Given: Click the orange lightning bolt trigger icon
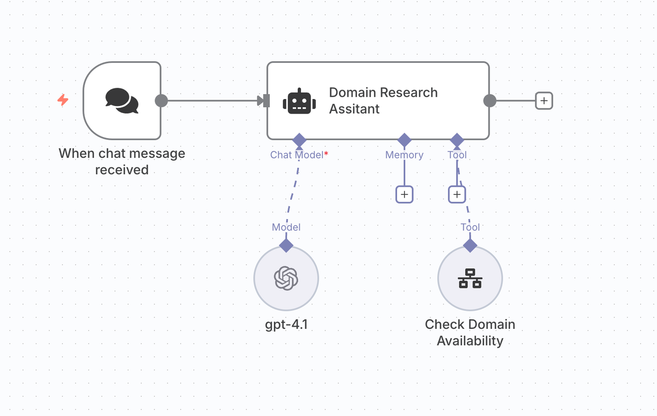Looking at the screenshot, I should pyautogui.click(x=63, y=100).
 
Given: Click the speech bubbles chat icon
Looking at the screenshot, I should pyautogui.click(x=122, y=101).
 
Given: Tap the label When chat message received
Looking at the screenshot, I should pyautogui.click(x=122, y=161).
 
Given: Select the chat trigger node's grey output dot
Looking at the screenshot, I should pyautogui.click(x=161, y=101).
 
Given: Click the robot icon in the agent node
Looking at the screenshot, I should pyautogui.click(x=299, y=101).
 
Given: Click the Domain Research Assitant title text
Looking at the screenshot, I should pyautogui.click(x=383, y=101).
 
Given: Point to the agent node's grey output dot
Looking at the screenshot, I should pyautogui.click(x=490, y=101).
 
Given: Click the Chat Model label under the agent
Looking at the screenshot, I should pyautogui.click(x=297, y=155).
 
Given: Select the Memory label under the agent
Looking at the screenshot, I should pyautogui.click(x=404, y=155).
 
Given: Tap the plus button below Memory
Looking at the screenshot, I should pyautogui.click(x=404, y=194).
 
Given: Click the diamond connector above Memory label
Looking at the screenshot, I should pyautogui.click(x=404, y=140).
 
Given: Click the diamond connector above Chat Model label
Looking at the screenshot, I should pyautogui.click(x=299, y=140).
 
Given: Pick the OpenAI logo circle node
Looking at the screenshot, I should pyautogui.click(x=286, y=279).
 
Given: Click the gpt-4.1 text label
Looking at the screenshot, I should pyautogui.click(x=286, y=325).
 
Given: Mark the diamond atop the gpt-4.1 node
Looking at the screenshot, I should pyautogui.click(x=286, y=245).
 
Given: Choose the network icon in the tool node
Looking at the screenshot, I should pyautogui.click(x=470, y=279).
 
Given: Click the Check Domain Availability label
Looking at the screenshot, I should pyautogui.click(x=470, y=333).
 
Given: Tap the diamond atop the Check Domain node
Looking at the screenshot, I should pyautogui.click(x=470, y=245).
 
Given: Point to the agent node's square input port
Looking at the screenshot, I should pyautogui.click(x=266, y=101).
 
